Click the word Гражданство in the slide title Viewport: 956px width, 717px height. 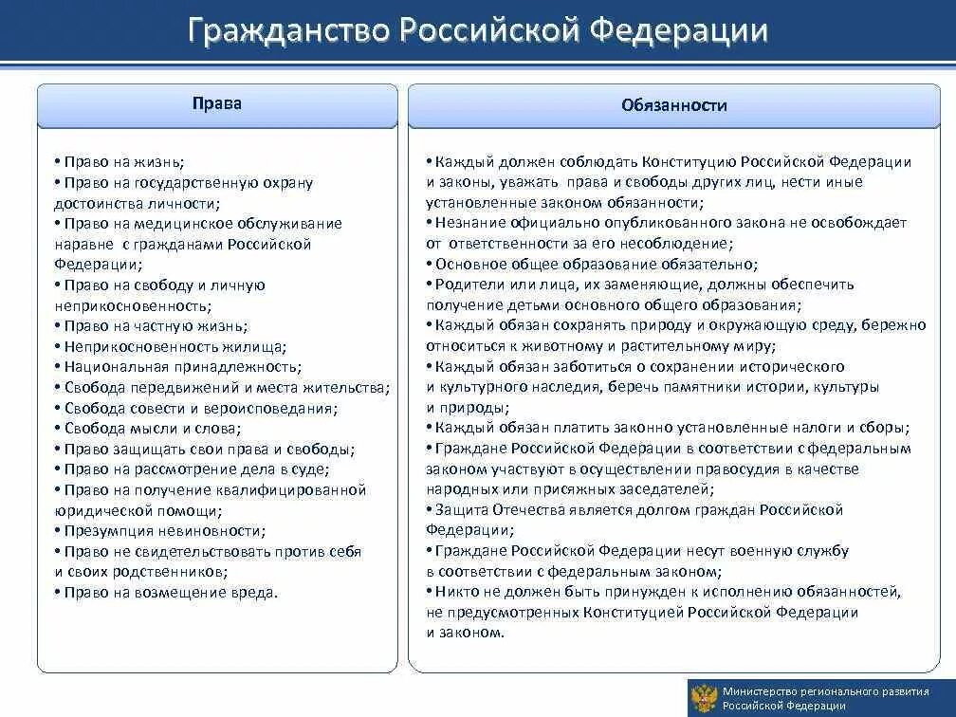(287, 32)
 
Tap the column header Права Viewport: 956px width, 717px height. (217, 103)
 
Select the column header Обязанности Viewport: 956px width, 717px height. (674, 105)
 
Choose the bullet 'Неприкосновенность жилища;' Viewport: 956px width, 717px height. (170, 346)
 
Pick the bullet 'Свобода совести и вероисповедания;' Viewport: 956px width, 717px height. (195, 408)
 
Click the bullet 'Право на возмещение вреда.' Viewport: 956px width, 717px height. (166, 593)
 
